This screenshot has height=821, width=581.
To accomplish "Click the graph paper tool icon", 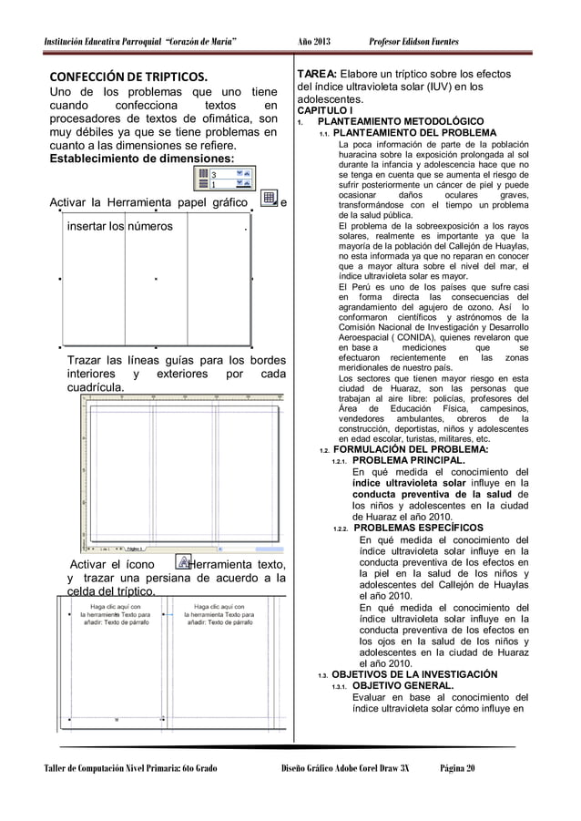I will pos(269,200).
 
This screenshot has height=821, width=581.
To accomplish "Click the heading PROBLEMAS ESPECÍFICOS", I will pos(418,528).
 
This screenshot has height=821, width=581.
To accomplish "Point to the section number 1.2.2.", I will pos(341,529).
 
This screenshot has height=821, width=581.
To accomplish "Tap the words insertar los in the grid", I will pos(95,226).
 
